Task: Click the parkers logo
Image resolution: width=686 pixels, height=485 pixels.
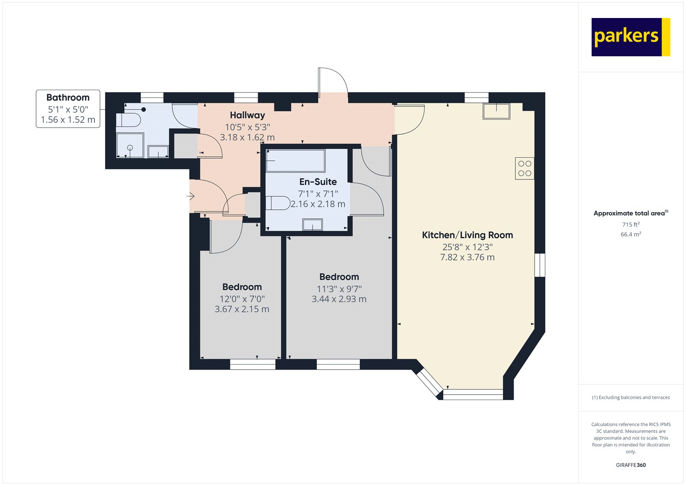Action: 631,37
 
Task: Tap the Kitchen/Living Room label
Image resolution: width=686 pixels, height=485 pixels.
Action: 467,235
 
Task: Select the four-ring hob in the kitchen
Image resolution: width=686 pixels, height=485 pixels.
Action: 525,168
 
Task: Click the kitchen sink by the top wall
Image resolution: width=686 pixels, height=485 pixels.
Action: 496,111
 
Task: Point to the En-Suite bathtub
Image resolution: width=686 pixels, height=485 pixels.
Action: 295,160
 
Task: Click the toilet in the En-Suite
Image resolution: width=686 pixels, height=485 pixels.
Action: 278,203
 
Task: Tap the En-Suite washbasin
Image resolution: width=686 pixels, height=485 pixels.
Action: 313,224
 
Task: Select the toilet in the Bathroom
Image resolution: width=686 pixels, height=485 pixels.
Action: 128,120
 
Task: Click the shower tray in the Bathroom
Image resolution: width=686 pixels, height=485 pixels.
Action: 130,145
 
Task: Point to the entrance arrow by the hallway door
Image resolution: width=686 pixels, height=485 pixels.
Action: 190,196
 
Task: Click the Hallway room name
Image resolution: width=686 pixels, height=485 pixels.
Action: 247,115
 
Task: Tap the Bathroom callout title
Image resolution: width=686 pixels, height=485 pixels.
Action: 68,97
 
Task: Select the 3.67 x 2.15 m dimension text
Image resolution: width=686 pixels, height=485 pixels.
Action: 242,309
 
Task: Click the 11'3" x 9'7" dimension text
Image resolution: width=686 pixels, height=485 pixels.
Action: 339,289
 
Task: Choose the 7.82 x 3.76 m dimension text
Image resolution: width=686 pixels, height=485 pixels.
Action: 467,257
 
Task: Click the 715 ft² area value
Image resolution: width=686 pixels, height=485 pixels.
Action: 631,225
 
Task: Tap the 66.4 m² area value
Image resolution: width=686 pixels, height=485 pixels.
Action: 631,235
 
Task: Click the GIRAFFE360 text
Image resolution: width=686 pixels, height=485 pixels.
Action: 631,465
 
